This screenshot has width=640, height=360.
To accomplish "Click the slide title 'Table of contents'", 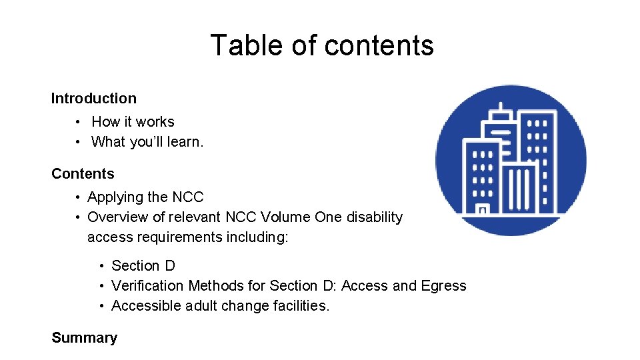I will [322, 45].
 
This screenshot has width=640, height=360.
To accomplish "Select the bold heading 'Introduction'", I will [94, 99].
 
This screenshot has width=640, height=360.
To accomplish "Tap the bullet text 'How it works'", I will [133, 122].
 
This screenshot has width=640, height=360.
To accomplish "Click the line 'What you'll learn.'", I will [147, 142].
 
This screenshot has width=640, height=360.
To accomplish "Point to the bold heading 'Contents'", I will [83, 174].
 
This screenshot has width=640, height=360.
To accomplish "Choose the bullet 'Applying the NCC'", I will [145, 197].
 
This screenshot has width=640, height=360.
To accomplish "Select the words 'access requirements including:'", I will [188, 237].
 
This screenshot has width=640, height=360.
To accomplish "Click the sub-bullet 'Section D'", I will [143, 266].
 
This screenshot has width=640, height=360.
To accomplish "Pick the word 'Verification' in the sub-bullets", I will [147, 286].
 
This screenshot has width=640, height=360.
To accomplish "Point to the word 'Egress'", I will [443, 286].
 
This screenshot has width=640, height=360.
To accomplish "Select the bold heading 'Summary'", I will [84, 338].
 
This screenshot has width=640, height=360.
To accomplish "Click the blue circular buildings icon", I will [511, 160].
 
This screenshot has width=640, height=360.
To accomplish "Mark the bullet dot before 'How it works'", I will [78, 123].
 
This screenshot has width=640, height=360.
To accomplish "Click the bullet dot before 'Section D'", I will [101, 267].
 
